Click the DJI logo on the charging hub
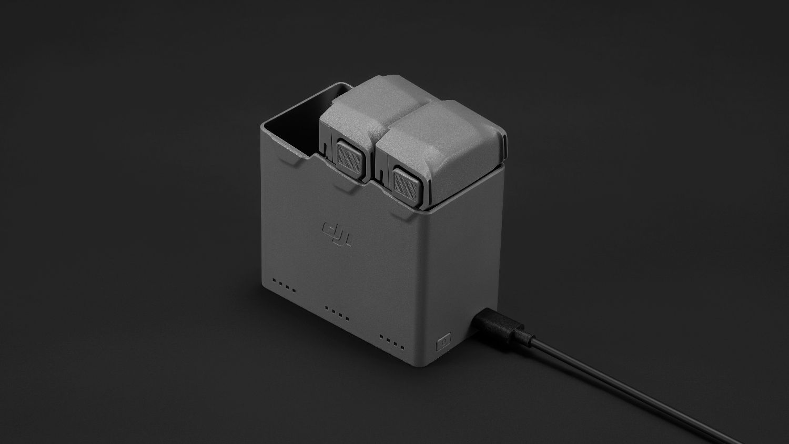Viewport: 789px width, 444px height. tap(338, 234)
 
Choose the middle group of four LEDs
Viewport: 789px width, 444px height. tap(338, 313)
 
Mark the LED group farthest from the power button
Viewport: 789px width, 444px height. tap(284, 286)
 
